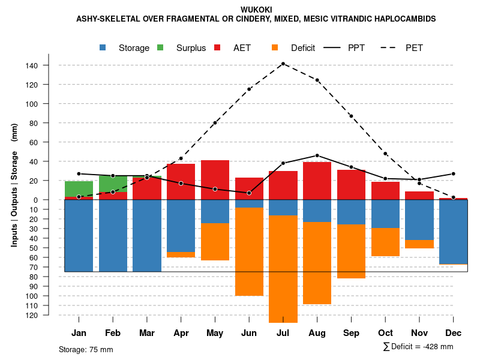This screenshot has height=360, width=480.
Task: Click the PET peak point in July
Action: (x=283, y=64)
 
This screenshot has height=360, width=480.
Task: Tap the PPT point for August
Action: (x=317, y=155)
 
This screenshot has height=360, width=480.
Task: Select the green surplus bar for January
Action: (x=79, y=188)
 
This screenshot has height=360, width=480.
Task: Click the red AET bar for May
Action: (x=215, y=179)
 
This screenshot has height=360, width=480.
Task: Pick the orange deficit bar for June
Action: (x=249, y=251)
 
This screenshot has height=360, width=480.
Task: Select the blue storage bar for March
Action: (x=147, y=235)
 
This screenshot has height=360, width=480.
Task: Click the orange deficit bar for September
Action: (x=351, y=251)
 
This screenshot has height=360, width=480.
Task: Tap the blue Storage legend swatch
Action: (x=104, y=47)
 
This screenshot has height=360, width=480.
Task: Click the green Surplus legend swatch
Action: (x=161, y=47)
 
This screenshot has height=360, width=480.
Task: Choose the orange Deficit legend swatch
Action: (x=275, y=47)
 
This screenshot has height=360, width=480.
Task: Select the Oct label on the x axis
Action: (x=385, y=333)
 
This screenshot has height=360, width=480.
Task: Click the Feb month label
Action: (x=113, y=333)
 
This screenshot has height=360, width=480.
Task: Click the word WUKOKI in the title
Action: (x=256, y=10)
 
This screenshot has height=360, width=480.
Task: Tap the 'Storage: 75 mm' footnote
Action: (x=86, y=349)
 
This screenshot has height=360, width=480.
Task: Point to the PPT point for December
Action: (x=454, y=173)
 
